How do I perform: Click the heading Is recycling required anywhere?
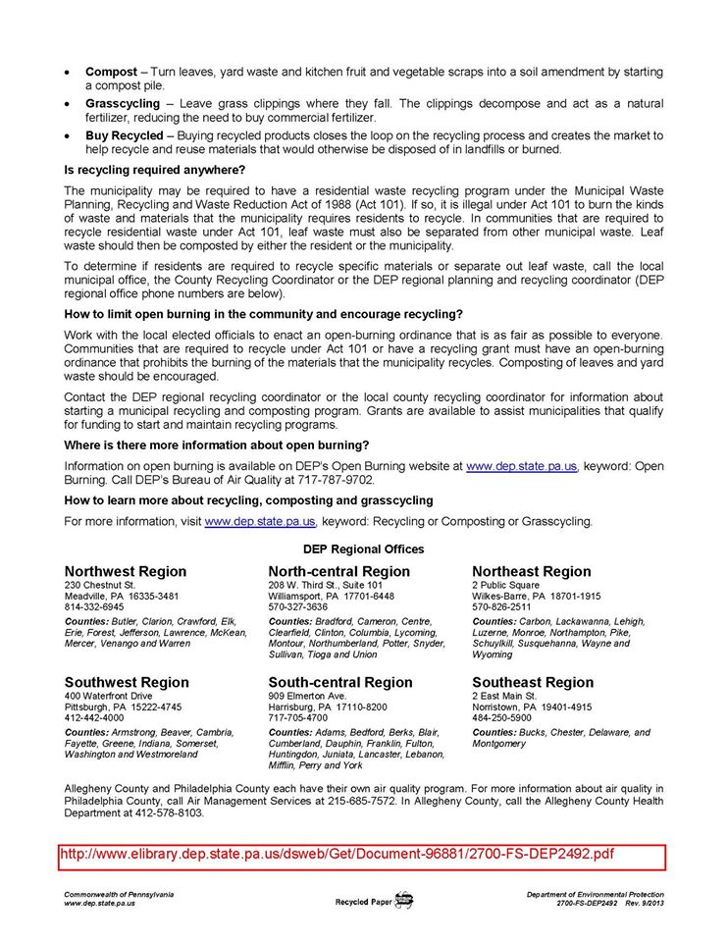click(154, 170)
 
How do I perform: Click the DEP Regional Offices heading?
click(363, 549)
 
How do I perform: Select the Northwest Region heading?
click(125, 571)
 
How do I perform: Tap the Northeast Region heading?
click(531, 571)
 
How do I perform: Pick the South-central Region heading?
click(339, 682)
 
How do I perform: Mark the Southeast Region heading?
click(532, 682)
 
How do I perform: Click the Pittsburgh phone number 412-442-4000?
click(94, 717)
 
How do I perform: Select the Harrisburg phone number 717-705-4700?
click(298, 717)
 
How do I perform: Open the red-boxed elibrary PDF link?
click(337, 854)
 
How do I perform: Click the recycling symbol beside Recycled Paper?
click(403, 900)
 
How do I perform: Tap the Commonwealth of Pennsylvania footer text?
click(119, 894)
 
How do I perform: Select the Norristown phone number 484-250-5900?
click(502, 717)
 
